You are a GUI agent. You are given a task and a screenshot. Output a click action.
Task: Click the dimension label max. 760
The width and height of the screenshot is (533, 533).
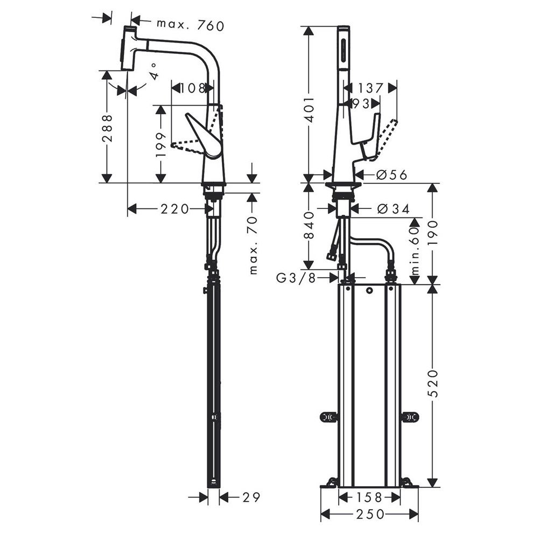[x=191, y=25]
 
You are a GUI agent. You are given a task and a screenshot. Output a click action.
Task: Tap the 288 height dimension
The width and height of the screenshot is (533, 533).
[x=108, y=128]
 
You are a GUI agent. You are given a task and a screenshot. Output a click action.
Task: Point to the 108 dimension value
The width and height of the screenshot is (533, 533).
[x=193, y=88]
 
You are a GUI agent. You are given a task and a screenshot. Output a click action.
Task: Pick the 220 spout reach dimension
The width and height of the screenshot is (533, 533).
[x=174, y=209]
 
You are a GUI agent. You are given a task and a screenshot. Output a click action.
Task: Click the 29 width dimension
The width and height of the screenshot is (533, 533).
[x=251, y=497]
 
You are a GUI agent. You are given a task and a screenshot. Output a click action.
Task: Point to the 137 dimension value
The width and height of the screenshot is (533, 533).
[x=370, y=88]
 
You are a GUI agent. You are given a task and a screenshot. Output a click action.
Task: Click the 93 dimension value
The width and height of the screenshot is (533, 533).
[x=361, y=103]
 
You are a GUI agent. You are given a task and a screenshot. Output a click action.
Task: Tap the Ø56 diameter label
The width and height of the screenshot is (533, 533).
[x=392, y=175]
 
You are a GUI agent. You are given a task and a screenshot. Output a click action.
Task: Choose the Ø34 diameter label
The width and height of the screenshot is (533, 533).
[x=394, y=209]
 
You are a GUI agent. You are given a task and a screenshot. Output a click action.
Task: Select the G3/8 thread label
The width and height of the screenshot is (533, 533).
[x=297, y=278]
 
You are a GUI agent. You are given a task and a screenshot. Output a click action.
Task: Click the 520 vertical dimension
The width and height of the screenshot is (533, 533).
[x=433, y=383]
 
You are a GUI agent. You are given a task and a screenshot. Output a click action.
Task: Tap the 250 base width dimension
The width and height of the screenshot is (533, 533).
[x=370, y=514]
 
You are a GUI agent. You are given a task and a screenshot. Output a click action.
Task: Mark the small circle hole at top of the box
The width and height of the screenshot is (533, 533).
[x=369, y=291]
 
